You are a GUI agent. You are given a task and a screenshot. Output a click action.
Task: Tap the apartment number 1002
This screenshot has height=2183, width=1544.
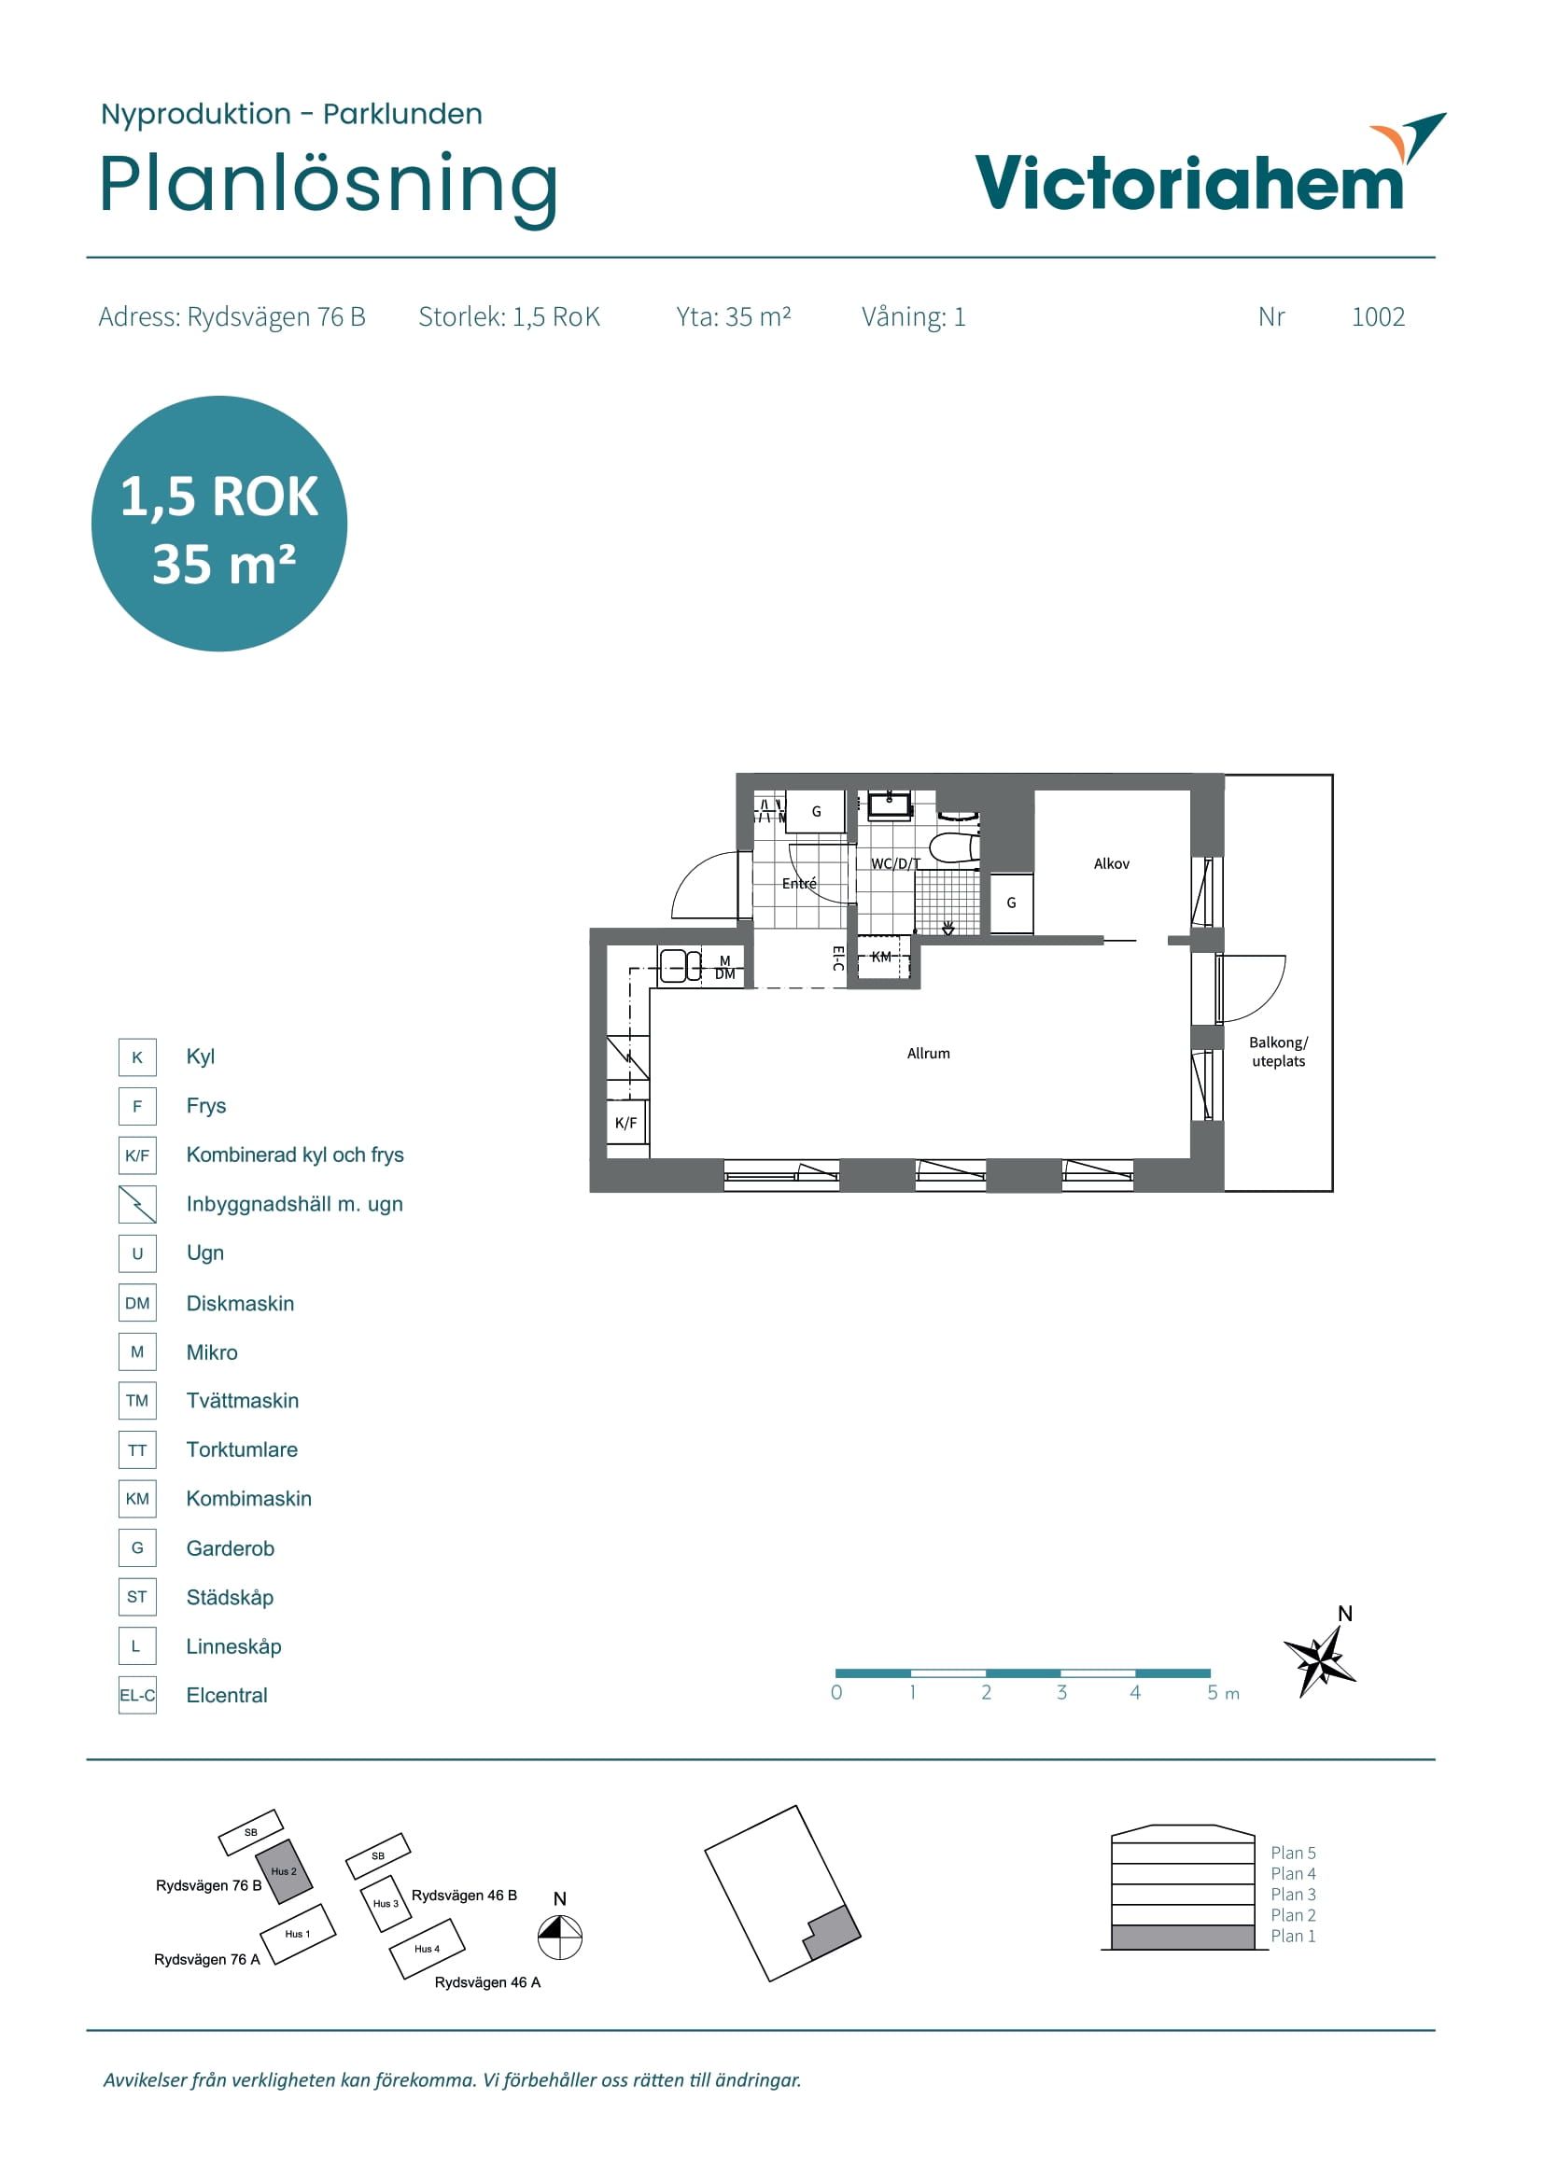[1378, 316]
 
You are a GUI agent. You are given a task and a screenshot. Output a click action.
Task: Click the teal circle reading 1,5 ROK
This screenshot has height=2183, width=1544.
[219, 524]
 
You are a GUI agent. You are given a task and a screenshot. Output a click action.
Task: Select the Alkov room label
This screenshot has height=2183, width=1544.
[1112, 863]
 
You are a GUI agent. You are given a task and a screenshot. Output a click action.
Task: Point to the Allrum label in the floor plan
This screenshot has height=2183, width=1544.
[928, 1054]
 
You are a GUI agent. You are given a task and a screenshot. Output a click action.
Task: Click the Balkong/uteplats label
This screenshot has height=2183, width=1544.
[1278, 1052]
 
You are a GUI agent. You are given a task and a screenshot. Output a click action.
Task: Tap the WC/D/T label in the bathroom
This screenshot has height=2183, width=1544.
[895, 863]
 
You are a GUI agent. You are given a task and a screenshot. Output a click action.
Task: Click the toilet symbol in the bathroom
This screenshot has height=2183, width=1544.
[954, 848]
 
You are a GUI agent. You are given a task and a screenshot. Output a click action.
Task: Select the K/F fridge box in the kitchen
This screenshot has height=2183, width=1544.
[626, 1123]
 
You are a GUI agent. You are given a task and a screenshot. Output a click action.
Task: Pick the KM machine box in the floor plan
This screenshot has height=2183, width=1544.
[883, 957]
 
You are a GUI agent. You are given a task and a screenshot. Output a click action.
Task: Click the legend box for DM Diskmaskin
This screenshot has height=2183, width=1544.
[137, 1303]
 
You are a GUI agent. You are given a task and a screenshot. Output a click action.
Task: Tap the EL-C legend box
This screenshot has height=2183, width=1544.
[137, 1695]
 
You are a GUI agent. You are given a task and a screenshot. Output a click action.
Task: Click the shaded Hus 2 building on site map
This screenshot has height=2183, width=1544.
[284, 1871]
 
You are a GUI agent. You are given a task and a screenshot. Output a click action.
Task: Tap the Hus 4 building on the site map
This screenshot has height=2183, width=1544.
[427, 1948]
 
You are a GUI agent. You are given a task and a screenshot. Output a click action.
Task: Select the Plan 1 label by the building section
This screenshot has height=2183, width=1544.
[1293, 1936]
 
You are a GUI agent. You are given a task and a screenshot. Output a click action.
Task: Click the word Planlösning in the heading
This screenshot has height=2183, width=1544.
[328, 187]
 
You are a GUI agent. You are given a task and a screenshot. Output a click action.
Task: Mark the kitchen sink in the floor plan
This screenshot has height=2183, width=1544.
[680, 966]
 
